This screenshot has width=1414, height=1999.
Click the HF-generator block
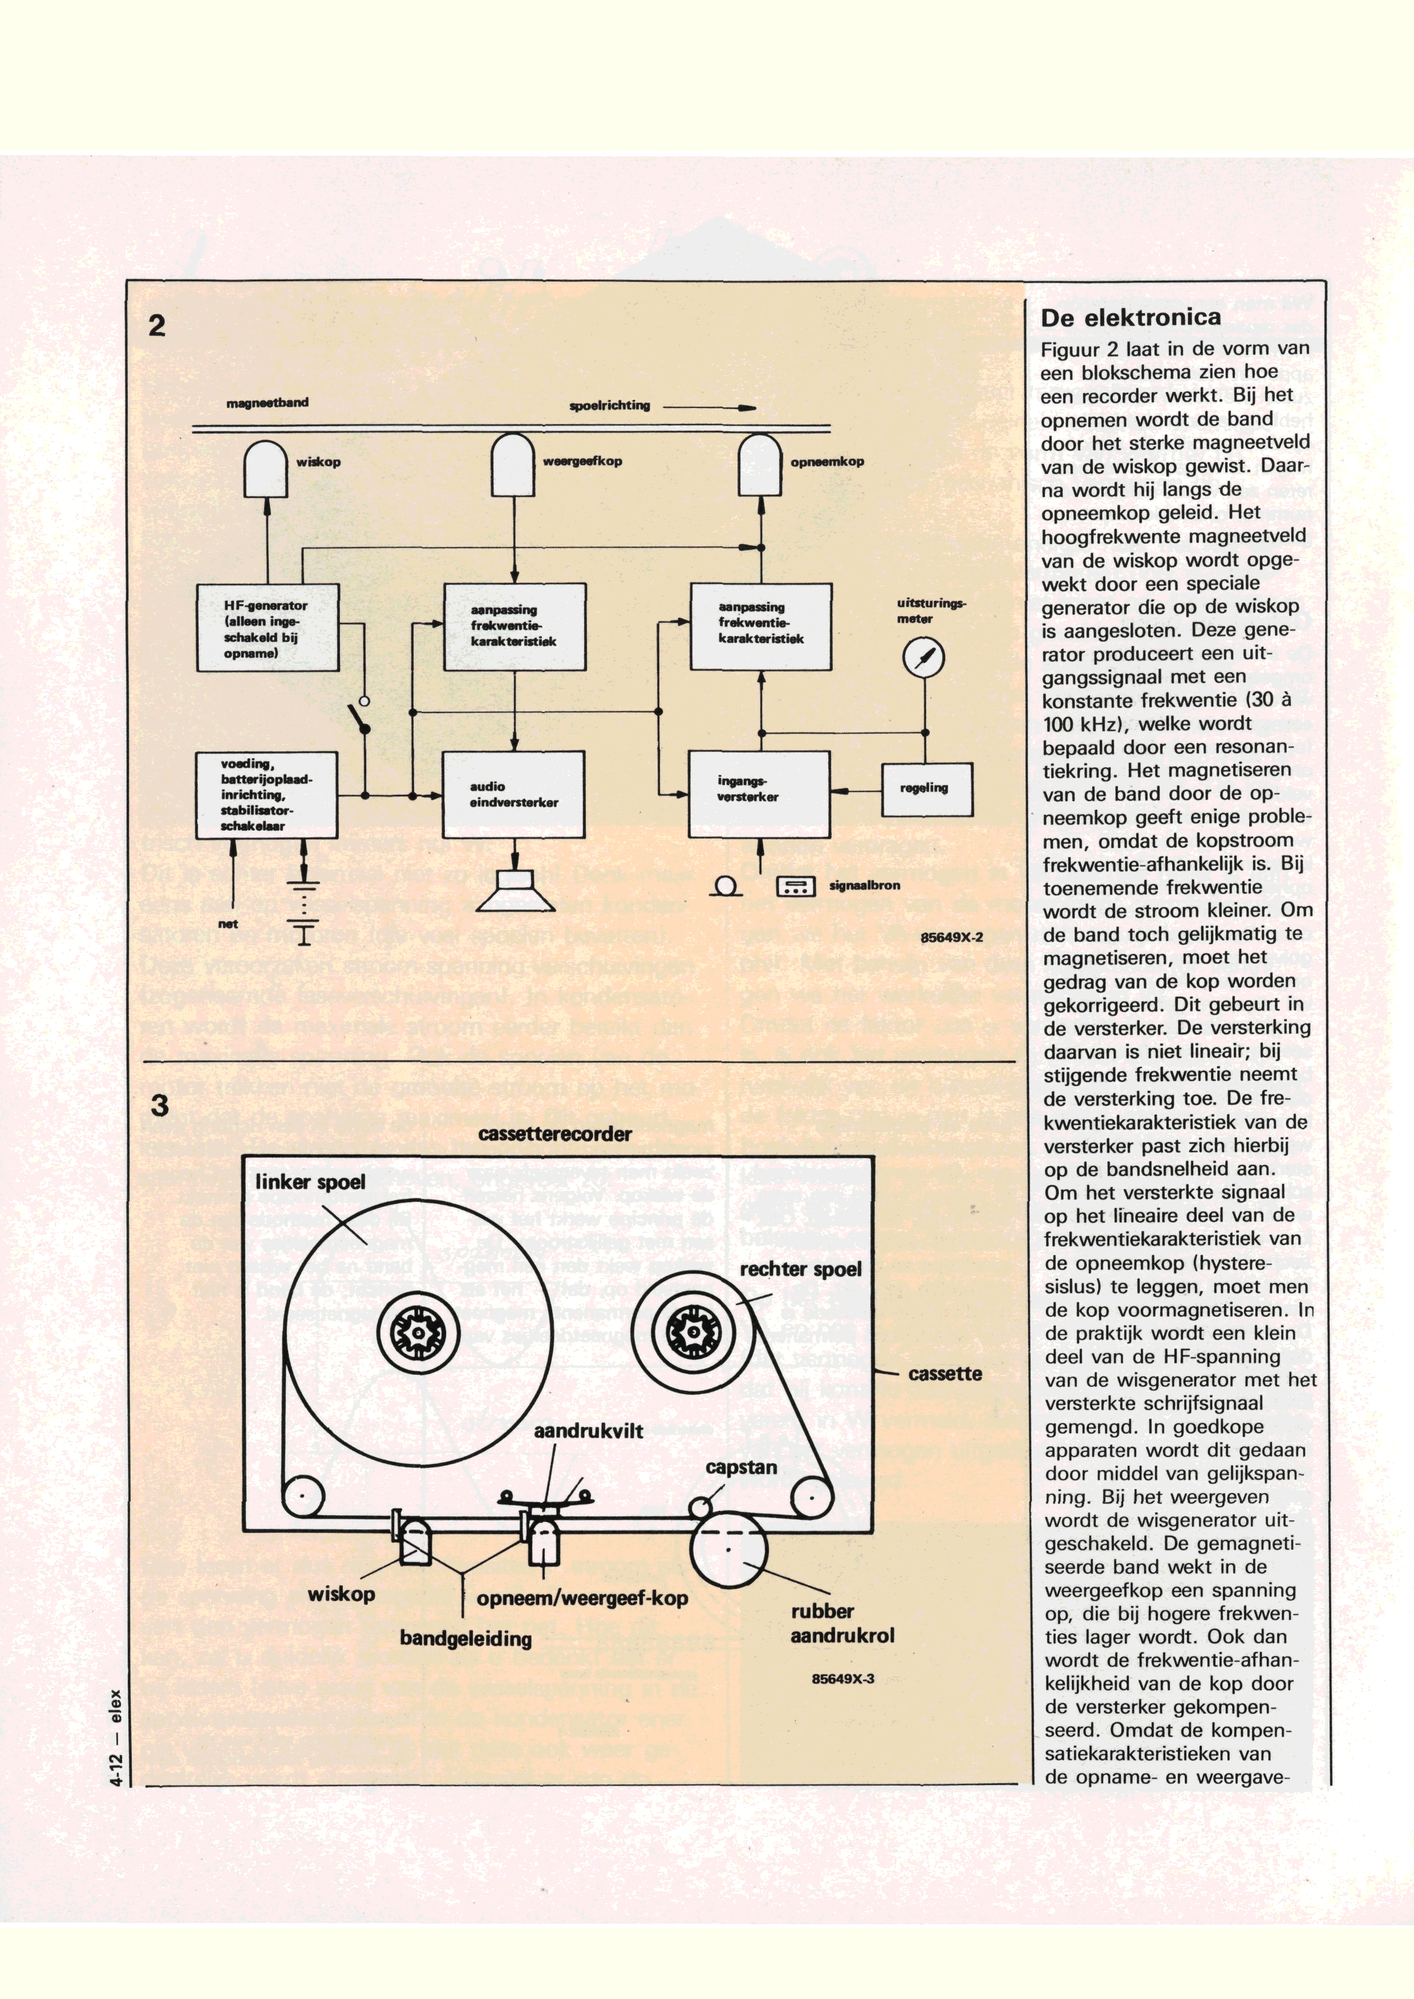(268, 627)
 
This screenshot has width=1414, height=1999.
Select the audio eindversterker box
(514, 794)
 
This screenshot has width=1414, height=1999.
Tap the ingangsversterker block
(759, 792)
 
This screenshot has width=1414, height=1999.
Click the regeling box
(926, 789)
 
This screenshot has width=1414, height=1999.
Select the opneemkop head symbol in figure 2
(760, 466)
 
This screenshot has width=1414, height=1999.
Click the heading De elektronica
(1130, 318)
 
